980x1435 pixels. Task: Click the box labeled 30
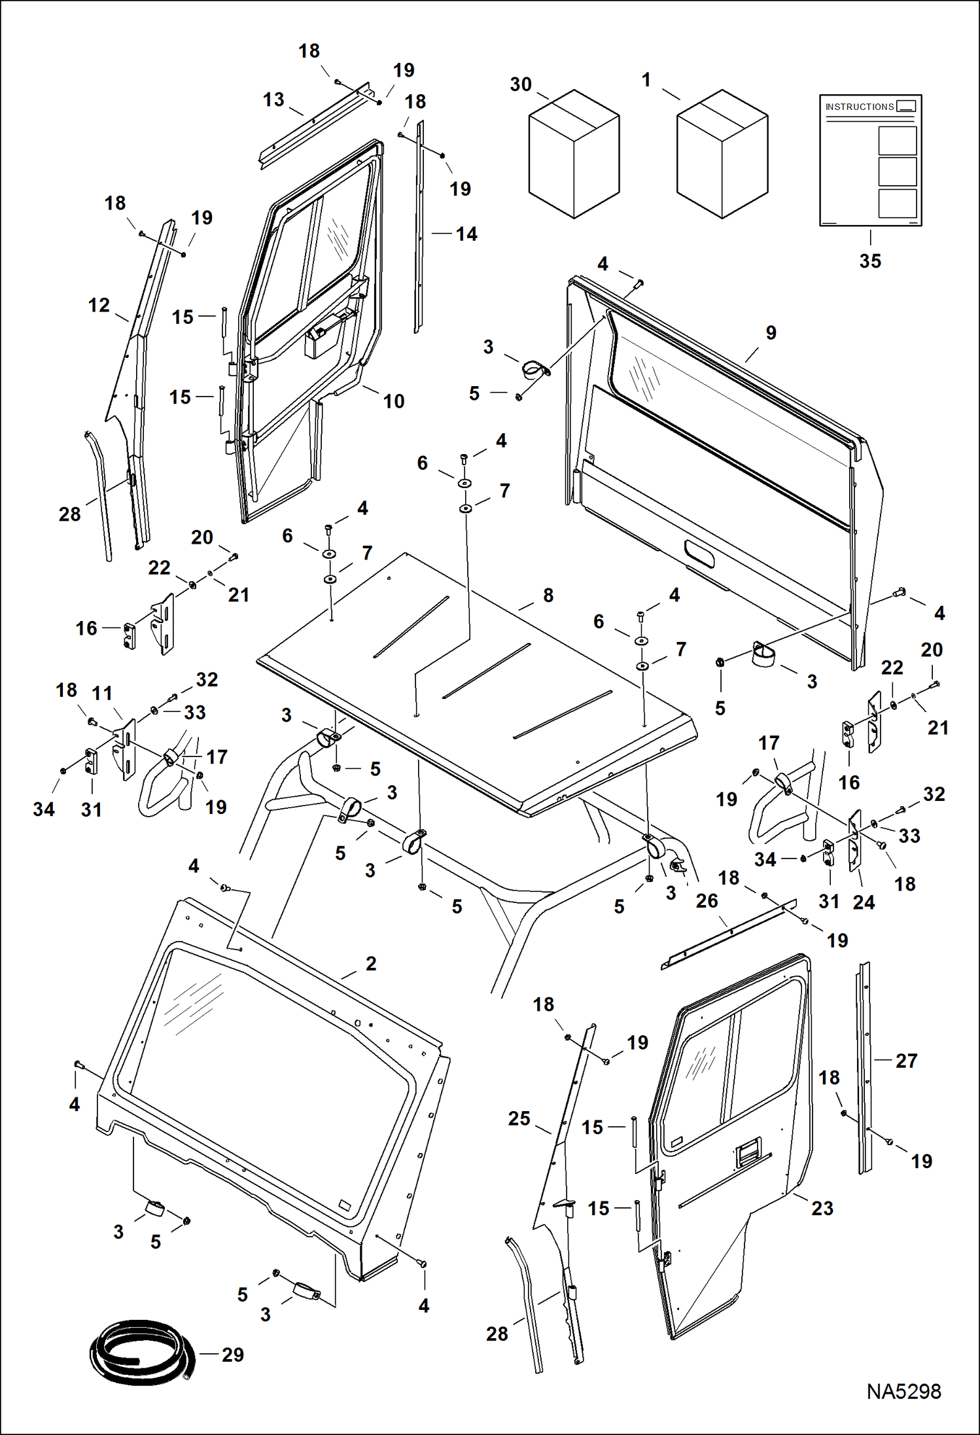(574, 154)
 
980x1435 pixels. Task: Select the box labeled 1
(722, 154)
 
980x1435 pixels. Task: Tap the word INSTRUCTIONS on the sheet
(859, 107)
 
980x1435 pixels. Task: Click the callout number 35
(870, 261)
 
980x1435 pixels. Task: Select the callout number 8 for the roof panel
(548, 595)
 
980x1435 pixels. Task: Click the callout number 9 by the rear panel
(771, 332)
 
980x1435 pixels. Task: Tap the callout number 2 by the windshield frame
(371, 963)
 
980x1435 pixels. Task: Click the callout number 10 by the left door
(394, 401)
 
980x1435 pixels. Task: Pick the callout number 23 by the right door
(822, 1208)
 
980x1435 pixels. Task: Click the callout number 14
(466, 234)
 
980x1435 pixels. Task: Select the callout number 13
(273, 99)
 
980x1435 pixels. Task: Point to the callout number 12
(99, 305)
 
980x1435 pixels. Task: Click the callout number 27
(906, 1060)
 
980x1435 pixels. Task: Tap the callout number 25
(519, 1118)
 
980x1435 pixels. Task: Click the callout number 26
(707, 901)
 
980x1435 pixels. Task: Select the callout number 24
(864, 902)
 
